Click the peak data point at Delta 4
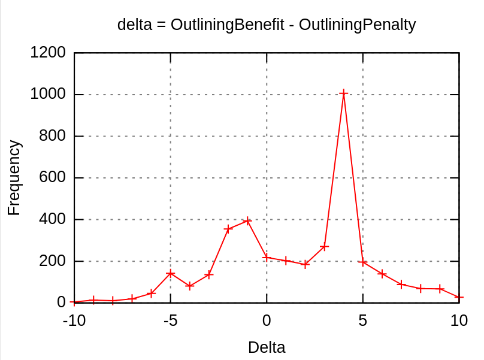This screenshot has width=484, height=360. click(343, 93)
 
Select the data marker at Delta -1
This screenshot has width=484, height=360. click(247, 221)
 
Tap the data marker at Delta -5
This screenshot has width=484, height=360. click(171, 273)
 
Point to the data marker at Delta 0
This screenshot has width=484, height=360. click(267, 258)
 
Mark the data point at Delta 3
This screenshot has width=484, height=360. click(324, 247)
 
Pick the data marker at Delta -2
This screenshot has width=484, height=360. click(228, 229)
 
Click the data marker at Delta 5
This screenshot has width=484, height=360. click(362, 262)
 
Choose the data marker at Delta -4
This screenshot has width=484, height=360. click(190, 286)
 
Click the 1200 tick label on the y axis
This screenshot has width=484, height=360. click(48, 53)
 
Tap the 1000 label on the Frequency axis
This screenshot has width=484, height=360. click(48, 95)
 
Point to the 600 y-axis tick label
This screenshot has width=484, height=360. click(52, 178)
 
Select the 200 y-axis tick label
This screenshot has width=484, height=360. click(52, 261)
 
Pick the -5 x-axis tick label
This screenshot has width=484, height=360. click(170, 320)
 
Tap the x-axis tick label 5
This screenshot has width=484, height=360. click(362, 320)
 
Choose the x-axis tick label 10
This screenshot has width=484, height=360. click(459, 320)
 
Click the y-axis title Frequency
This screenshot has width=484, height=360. click(14, 178)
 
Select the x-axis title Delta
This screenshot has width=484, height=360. click(267, 347)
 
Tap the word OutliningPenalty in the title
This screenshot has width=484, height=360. click(357, 25)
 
